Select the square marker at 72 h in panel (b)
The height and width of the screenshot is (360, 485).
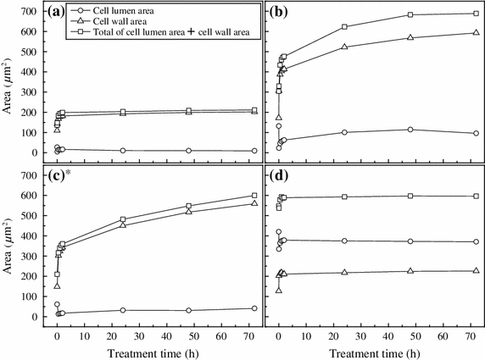[x=475, y=14]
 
